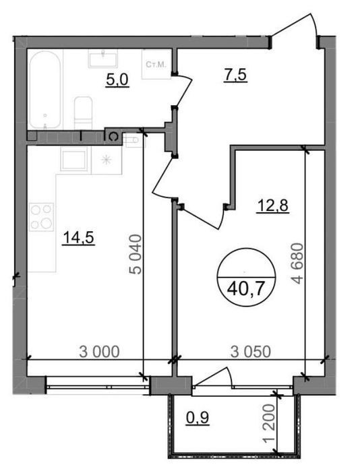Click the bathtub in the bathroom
point(45,90)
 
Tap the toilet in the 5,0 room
point(83,113)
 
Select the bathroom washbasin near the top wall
point(102,59)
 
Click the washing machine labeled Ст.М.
point(156,64)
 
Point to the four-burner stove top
point(42,217)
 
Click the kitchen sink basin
point(73,160)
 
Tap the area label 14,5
point(78,238)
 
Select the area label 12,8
point(272,206)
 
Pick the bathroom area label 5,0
point(117,80)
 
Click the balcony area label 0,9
point(198,418)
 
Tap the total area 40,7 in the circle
point(246,290)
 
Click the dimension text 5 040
point(136,255)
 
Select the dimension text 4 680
point(298,263)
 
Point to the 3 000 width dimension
point(99,352)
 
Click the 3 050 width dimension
point(251,352)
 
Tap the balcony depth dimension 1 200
point(268,424)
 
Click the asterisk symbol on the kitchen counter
point(105,160)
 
